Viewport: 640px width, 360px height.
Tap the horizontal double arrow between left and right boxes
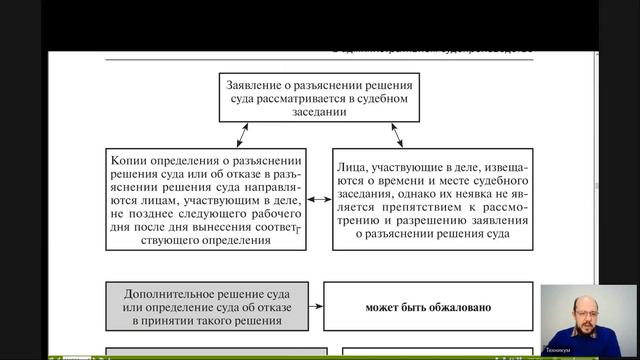(x=319, y=201)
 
